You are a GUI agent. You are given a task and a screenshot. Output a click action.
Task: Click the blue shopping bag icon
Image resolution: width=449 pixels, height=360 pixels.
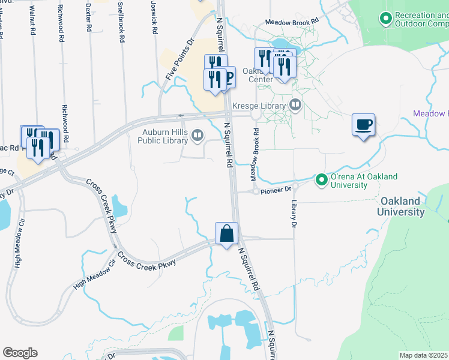click(x=227, y=233)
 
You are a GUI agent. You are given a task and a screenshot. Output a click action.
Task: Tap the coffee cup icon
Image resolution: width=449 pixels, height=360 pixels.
click(x=363, y=125)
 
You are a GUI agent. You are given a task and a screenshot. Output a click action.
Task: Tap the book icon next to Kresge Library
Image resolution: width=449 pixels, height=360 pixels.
click(x=295, y=106)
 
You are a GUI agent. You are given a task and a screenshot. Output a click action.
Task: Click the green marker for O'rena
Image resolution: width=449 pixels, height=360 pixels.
click(x=321, y=179)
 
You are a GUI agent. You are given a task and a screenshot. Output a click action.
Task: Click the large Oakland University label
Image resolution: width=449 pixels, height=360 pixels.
click(x=401, y=206)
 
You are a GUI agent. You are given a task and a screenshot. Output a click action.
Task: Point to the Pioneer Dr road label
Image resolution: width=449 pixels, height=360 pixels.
click(x=279, y=188)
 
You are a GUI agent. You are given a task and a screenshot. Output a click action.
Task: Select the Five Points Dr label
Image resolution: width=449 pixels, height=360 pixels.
click(x=179, y=60)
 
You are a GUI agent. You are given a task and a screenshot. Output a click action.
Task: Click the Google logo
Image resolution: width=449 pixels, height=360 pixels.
click(x=19, y=353)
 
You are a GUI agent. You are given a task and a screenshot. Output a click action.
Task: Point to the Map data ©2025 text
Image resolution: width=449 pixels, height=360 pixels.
click(x=424, y=355)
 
